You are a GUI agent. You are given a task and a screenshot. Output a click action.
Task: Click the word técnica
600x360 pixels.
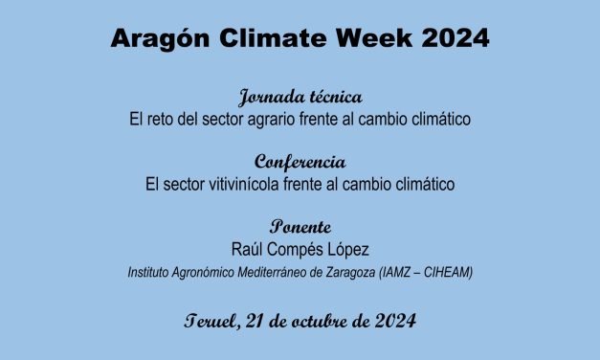tap(334, 99)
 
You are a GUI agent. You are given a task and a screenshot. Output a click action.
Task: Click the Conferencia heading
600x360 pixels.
tap(300, 162)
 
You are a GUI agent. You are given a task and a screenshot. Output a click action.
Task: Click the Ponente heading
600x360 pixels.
tap(300, 227)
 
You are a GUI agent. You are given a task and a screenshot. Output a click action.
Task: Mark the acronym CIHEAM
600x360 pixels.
tap(448, 273)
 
